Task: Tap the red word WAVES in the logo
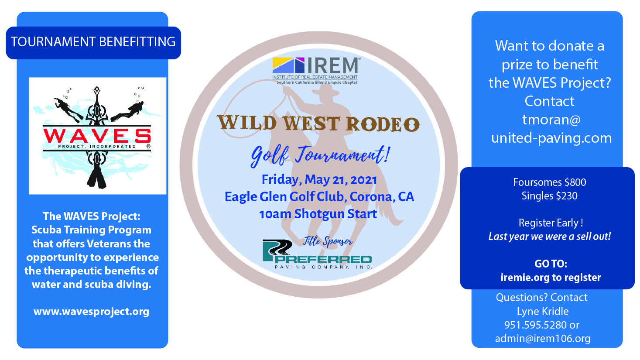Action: pyautogui.click(x=97, y=136)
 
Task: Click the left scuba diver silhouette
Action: pyautogui.click(x=68, y=108)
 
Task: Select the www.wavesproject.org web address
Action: pyautogui.click(x=92, y=312)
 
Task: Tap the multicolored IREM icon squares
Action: pyautogui.click(x=288, y=65)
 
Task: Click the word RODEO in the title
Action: pyautogui.click(x=383, y=124)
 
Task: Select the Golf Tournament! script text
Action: pyautogui.click(x=320, y=155)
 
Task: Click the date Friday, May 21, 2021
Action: pyautogui.click(x=319, y=180)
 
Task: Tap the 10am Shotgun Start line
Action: pyautogui.click(x=318, y=214)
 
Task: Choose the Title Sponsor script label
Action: pyautogui.click(x=328, y=241)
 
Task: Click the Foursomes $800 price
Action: pyautogui.click(x=549, y=182)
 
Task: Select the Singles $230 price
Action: pyautogui.click(x=549, y=196)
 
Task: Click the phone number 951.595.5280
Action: pyautogui.click(x=535, y=325)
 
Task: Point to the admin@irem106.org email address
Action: pyautogui.click(x=543, y=339)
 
